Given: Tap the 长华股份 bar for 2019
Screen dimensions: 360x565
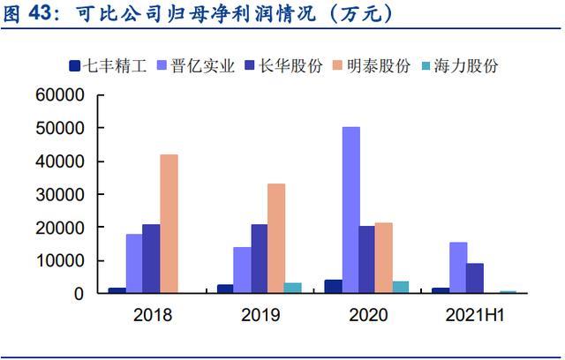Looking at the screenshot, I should point(260,259).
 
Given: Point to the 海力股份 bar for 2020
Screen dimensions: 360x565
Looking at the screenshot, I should point(401,287).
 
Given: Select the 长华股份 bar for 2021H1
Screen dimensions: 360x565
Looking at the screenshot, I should point(475,278).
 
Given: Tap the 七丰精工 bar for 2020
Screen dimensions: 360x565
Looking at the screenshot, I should point(333,286).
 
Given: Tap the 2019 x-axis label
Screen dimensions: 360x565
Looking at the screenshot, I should point(260,314).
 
